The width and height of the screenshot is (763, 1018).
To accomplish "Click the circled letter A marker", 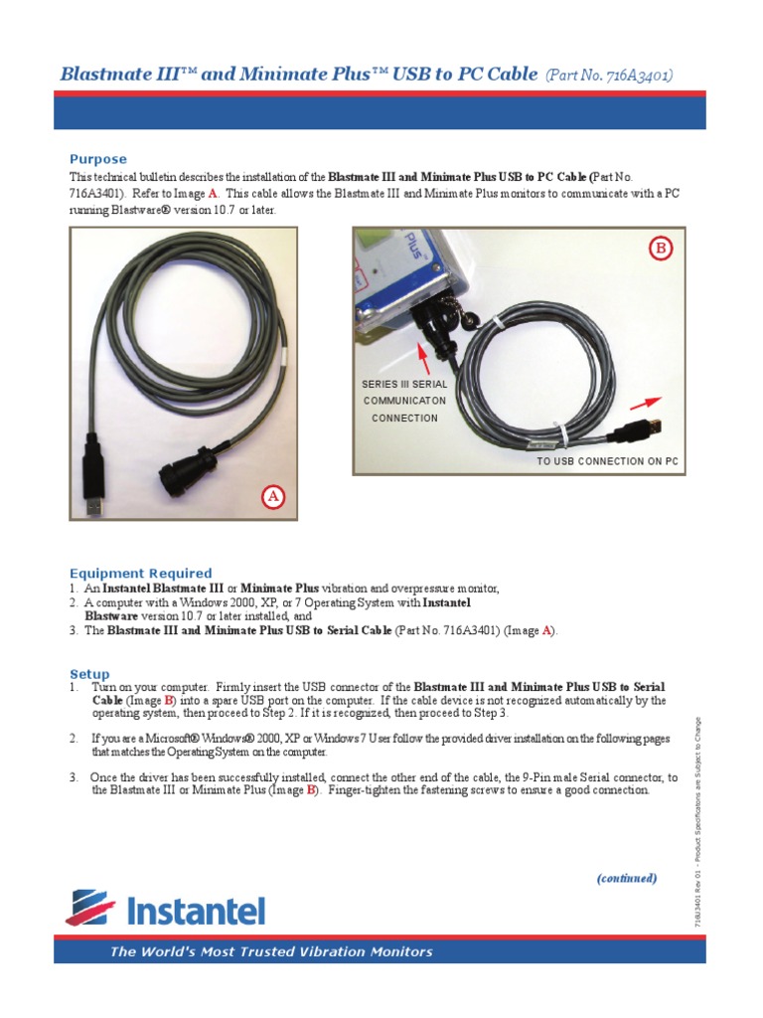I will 273,497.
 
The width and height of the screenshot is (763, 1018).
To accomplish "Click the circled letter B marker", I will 661,250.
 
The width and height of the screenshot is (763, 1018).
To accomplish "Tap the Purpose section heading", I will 97,159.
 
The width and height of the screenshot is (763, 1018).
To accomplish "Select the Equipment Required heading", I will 140,574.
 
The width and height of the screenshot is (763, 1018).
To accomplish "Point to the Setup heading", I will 89,674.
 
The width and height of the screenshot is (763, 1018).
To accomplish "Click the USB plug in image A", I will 92,496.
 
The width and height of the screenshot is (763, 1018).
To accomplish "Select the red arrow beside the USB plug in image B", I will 644,403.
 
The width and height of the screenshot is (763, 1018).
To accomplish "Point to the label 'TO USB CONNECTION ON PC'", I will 607,463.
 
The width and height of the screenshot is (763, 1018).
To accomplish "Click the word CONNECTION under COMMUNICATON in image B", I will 404,418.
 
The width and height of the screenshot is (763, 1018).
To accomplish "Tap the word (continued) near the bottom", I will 626,879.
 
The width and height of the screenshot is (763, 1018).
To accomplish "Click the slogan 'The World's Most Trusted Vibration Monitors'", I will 271,951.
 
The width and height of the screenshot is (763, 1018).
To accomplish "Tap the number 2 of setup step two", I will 74,739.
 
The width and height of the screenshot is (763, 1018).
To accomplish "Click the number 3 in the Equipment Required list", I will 74,630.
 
